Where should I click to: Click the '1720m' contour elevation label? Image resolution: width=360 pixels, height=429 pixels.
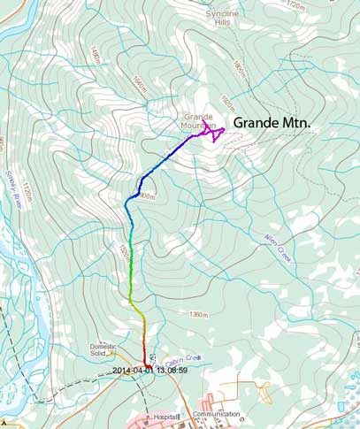(x=295, y=6)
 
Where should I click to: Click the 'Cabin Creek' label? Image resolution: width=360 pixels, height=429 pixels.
(x=180, y=357)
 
